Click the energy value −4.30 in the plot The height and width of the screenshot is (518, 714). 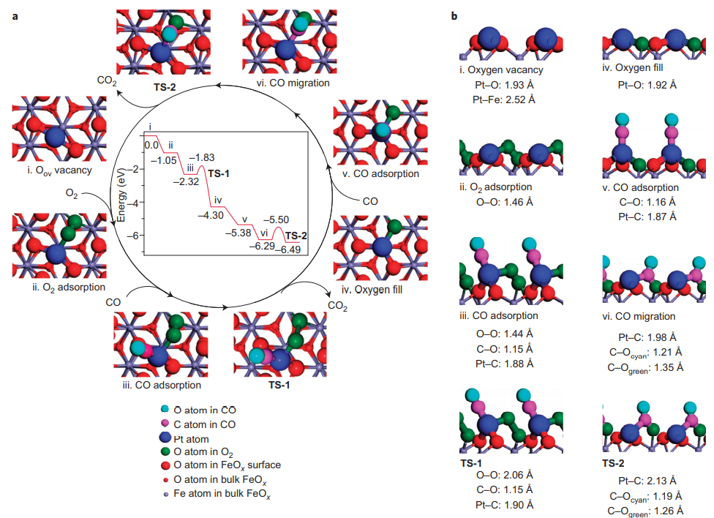[210, 215]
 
